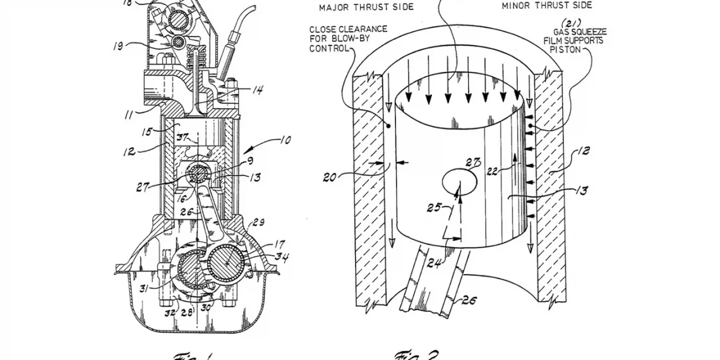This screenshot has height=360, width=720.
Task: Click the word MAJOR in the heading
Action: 335,7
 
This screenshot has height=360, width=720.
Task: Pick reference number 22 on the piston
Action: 491,170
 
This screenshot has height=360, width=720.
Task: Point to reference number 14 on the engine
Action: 258,90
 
